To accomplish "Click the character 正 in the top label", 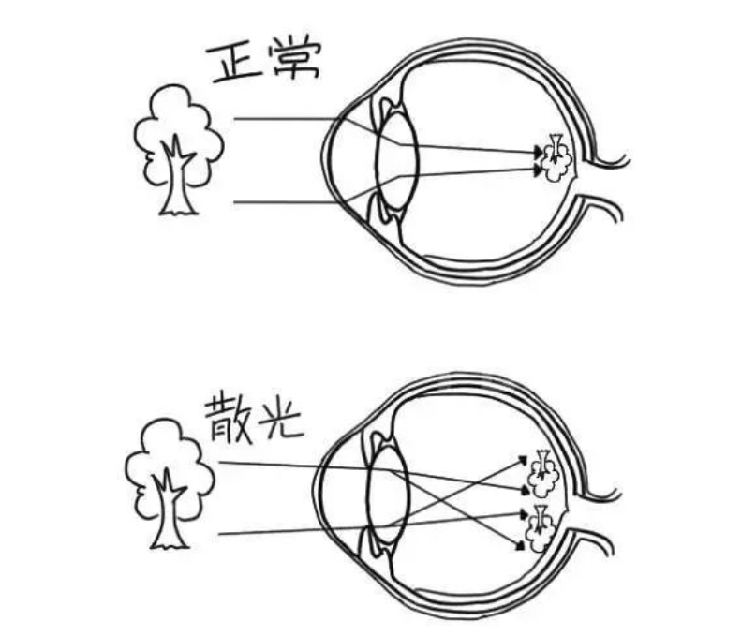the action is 233,63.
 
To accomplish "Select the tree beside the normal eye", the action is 178,150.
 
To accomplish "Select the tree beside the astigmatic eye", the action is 170,483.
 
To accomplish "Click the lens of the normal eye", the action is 396,161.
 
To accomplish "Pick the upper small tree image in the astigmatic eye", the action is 545,474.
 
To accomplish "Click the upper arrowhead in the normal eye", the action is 538,153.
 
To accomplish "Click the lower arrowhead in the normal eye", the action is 537,170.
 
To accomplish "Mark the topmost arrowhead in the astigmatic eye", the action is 522,459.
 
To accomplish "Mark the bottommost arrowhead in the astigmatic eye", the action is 520,546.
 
